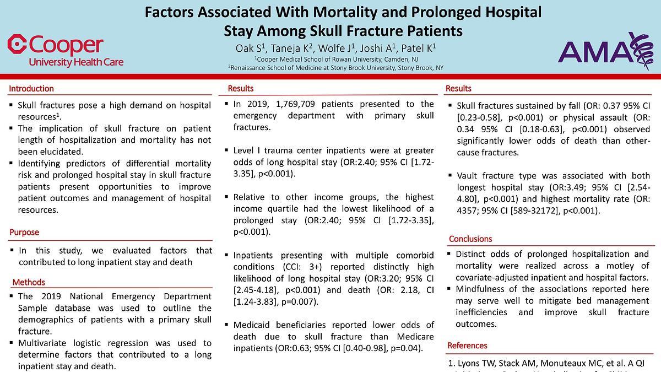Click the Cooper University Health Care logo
[x=65, y=51]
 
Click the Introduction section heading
[x=31, y=89]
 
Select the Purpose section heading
[x=24, y=233]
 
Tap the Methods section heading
[x=29, y=283]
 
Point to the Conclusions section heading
[x=470, y=239]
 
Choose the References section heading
[x=467, y=346]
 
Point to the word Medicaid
[x=254, y=325]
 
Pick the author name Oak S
[x=246, y=48]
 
